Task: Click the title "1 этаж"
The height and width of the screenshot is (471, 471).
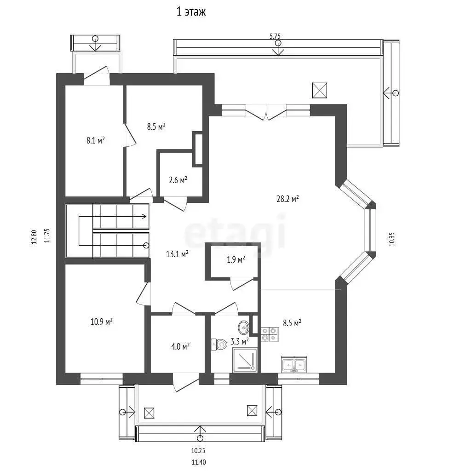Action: tap(191, 11)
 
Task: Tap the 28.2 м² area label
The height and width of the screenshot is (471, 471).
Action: tap(287, 199)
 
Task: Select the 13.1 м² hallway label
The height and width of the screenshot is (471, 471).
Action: tap(177, 254)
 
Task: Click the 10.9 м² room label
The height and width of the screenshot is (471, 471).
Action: tap(102, 322)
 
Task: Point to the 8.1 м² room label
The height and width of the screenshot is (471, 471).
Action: tap(96, 140)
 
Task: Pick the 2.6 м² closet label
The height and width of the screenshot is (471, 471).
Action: tap(178, 180)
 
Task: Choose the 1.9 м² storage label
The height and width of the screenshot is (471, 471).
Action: tap(236, 259)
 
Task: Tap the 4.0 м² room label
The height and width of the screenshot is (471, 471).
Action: tap(180, 346)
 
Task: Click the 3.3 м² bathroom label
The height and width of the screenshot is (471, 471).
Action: tap(239, 341)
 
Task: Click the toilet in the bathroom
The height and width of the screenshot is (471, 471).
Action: tap(219, 344)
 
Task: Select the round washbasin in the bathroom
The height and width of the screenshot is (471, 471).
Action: tap(244, 327)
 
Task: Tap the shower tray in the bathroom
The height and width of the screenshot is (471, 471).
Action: tap(245, 360)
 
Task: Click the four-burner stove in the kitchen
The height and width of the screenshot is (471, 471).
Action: tap(270, 334)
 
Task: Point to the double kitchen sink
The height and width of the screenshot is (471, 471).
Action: tap(294, 364)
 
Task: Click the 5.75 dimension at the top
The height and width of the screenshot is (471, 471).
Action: tap(275, 36)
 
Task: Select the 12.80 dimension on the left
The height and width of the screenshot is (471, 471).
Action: tap(34, 238)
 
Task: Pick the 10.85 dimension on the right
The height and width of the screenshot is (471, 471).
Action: tap(392, 239)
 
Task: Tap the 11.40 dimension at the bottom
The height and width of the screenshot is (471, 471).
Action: tap(199, 462)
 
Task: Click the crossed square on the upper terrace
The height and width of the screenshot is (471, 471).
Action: tap(320, 91)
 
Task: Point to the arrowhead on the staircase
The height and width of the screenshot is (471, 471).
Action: tap(144, 216)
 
